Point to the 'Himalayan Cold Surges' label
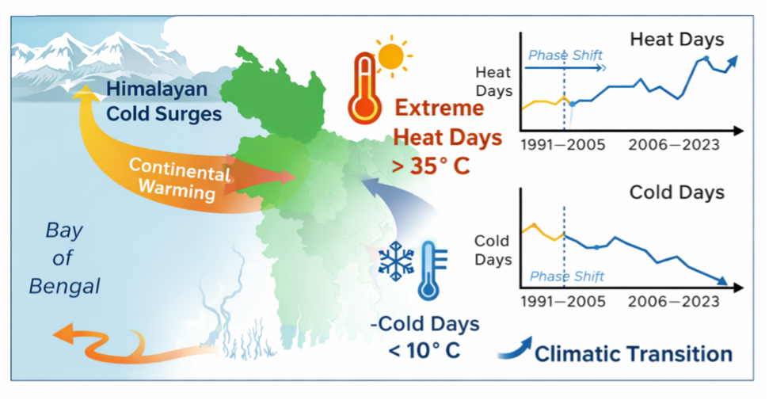pyautogui.click(x=164, y=101)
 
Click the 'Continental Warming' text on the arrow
pyautogui.click(x=180, y=178)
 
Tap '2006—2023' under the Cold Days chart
pyautogui.click(x=675, y=302)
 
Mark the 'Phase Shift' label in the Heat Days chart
pyautogui.click(x=565, y=55)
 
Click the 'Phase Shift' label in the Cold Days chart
pyautogui.click(x=566, y=276)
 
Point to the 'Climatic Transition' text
pyautogui.click(x=634, y=353)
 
